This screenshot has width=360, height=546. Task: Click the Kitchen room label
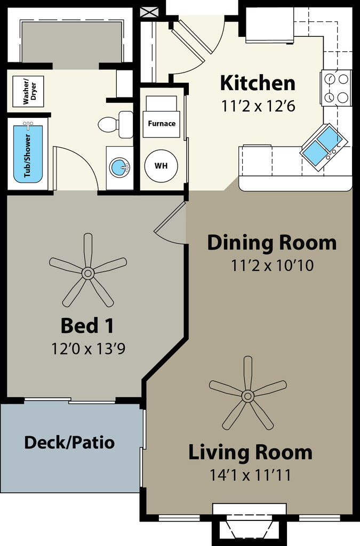click(258, 83)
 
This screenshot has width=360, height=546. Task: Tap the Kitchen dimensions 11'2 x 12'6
click(258, 106)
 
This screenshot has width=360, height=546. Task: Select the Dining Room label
click(272, 243)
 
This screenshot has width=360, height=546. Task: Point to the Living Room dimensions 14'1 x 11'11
click(250, 475)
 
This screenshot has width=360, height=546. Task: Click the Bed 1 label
click(87, 326)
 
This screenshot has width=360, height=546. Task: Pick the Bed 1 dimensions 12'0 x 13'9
click(88, 348)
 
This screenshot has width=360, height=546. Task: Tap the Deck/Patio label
click(69, 443)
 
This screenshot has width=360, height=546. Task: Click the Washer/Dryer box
click(28, 92)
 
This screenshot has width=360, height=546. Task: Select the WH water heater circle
click(161, 166)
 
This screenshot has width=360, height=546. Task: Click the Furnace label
click(162, 123)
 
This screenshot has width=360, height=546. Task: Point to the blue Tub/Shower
click(28, 154)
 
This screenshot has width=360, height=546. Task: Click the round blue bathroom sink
click(119, 167)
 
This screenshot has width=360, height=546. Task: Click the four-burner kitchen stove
click(336, 88)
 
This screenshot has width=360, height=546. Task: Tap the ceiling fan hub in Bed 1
click(88, 272)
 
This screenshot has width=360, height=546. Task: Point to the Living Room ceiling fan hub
click(248, 396)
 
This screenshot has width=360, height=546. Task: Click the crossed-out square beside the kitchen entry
click(147, 12)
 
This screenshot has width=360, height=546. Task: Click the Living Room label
click(250, 452)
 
